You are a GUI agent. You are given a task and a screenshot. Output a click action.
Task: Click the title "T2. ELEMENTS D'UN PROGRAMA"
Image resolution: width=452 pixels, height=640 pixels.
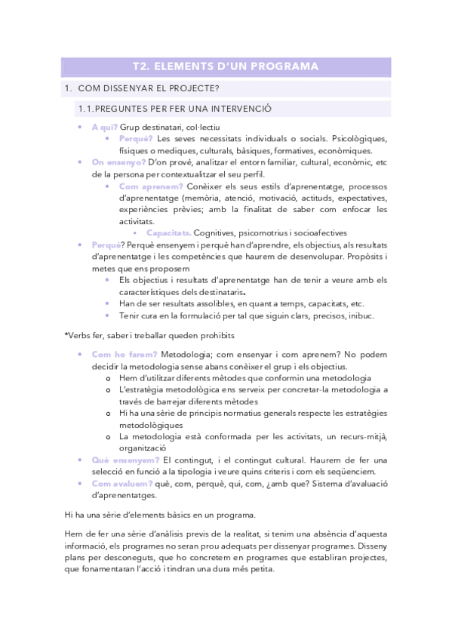tap(225, 67)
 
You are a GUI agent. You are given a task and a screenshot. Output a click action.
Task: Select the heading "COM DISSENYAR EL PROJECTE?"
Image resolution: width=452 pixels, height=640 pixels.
tap(148, 89)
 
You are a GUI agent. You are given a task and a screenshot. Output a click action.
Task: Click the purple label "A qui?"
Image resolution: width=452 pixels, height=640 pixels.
tap(104, 127)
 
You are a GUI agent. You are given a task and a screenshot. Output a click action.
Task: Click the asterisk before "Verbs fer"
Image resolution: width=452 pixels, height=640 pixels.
tap(67, 334)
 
